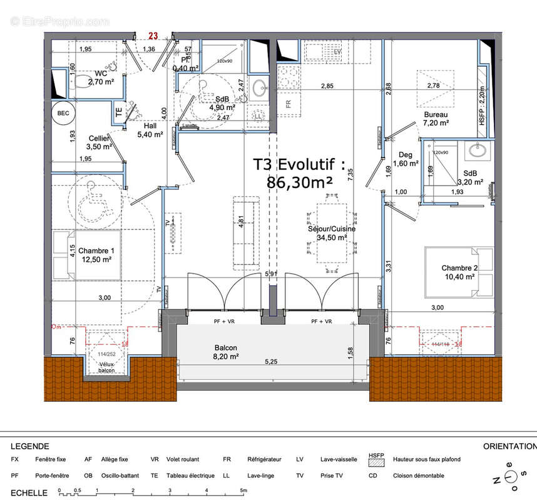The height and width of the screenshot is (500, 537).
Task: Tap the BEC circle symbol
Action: click(x=63, y=114)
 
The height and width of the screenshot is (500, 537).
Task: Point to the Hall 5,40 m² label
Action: click(x=150, y=129)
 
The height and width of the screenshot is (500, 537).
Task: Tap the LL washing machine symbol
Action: click(x=258, y=116)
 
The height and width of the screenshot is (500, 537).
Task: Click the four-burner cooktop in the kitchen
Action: click(x=290, y=77)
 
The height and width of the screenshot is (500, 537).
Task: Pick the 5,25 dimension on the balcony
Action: click(x=270, y=361)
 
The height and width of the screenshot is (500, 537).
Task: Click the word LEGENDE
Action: click(x=30, y=446)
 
